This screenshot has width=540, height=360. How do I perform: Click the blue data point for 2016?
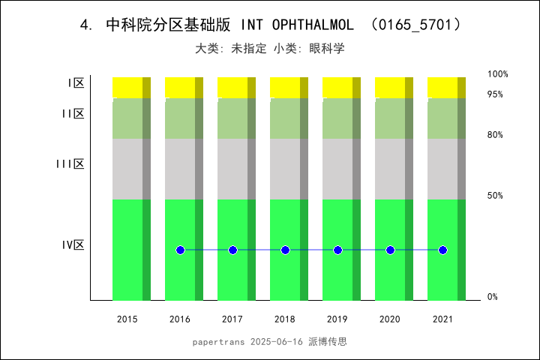180,250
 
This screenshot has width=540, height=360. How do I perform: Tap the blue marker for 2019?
337,250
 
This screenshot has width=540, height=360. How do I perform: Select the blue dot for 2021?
442,250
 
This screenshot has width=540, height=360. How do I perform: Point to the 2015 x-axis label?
127,319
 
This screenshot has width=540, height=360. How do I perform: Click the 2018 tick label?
285,319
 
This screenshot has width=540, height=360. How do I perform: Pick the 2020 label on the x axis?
390,319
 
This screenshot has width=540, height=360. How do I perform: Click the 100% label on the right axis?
498,74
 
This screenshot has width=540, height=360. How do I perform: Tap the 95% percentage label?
495,94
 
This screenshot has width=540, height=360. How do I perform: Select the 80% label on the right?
495,135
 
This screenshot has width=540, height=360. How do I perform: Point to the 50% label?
495,196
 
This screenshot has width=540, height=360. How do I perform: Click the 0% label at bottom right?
493,297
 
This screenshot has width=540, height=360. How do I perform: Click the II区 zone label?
73,114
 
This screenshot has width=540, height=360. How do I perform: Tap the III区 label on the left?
70,164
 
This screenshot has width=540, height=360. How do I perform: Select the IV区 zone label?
73,244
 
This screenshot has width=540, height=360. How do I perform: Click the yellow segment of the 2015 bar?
127,87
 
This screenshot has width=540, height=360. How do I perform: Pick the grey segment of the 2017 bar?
232,169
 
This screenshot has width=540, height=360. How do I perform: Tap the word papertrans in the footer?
217,342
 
